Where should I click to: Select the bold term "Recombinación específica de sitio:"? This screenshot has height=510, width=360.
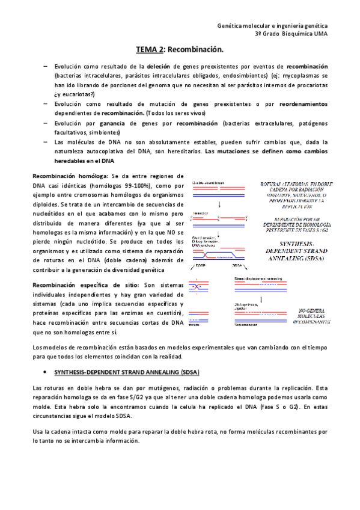85,285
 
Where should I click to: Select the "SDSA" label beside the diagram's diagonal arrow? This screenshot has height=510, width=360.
237,265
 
